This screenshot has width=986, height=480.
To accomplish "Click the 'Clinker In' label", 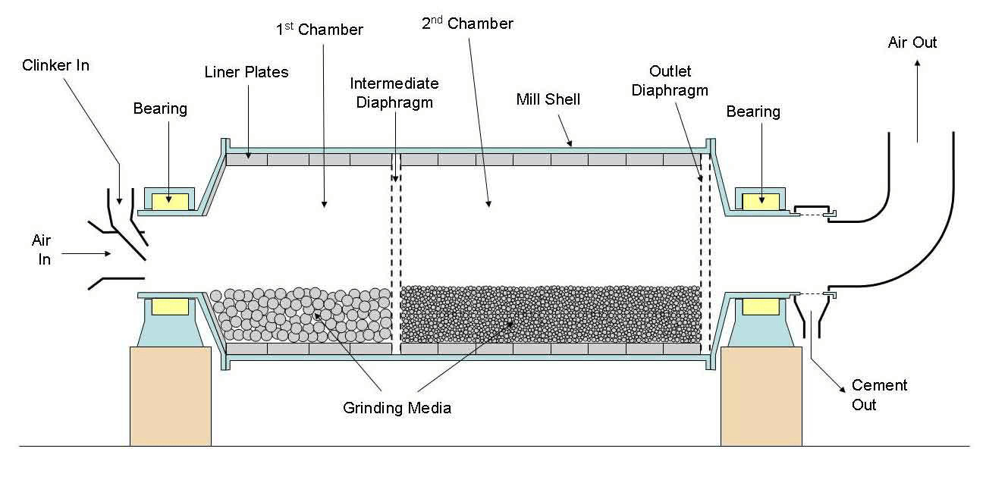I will pyautogui.click(x=55, y=65).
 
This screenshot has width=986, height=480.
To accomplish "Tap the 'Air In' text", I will pyautogui.click(x=41, y=249).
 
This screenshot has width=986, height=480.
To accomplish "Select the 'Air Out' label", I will pyautogui.click(x=912, y=42).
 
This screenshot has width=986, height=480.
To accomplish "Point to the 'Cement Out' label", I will pyautogui.click(x=879, y=395).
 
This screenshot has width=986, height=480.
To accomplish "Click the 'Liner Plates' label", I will pyautogui.click(x=246, y=72).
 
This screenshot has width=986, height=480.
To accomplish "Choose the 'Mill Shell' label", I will pyautogui.click(x=548, y=99).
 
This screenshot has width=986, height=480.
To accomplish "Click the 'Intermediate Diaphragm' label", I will pyautogui.click(x=394, y=93).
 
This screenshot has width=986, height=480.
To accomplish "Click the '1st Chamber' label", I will pyautogui.click(x=319, y=30).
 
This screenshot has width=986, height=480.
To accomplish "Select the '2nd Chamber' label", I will pyautogui.click(x=467, y=24).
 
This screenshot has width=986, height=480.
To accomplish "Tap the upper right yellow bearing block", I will pyautogui.click(x=759, y=201).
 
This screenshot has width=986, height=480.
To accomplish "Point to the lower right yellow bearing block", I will pyautogui.click(x=759, y=306).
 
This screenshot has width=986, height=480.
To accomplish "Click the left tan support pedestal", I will pyautogui.click(x=170, y=395).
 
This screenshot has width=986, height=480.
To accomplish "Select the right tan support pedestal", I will pyautogui.click(x=761, y=395).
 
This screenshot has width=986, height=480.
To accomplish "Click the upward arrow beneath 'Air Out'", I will pyautogui.click(x=918, y=102).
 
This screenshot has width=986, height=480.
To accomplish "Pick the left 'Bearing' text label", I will pyautogui.click(x=160, y=108).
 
